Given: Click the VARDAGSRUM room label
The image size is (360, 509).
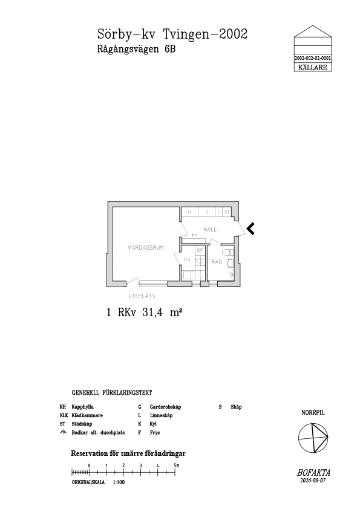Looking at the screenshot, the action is [x=146, y=248].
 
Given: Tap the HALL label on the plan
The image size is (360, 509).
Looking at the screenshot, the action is [x=210, y=230].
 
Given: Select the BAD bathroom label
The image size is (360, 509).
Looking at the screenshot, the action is [x=217, y=262].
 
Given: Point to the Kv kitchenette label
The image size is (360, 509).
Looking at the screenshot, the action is [x=187, y=259].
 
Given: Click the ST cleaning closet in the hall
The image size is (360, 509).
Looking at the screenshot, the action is [x=227, y=212].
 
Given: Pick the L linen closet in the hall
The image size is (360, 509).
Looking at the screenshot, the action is [x=219, y=212].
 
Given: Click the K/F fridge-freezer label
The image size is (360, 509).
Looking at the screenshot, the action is [x=200, y=250].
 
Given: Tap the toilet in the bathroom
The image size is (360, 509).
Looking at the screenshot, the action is [x=227, y=252].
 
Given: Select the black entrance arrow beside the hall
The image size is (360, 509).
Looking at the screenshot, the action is [x=250, y=229].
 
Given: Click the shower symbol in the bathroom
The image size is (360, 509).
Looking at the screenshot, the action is [x=231, y=274].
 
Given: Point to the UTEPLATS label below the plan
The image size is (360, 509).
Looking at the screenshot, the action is [x=142, y=296].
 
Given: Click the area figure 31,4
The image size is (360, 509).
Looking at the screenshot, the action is [x=152, y=313].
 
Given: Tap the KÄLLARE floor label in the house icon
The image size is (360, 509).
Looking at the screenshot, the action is [x=313, y=68].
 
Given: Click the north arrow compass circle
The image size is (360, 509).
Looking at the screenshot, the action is [x=313, y=423].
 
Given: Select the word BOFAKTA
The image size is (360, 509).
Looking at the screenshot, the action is [x=313, y=473].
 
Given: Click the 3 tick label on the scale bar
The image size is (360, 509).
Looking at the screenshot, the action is [x=141, y=465].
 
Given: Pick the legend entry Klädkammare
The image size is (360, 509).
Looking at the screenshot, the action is [x=87, y=415].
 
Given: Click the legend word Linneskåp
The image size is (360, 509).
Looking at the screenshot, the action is [x=161, y=415].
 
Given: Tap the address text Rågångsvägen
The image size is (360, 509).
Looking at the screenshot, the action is [x=128, y=49].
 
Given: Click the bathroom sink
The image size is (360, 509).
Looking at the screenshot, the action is [x=231, y=263].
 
